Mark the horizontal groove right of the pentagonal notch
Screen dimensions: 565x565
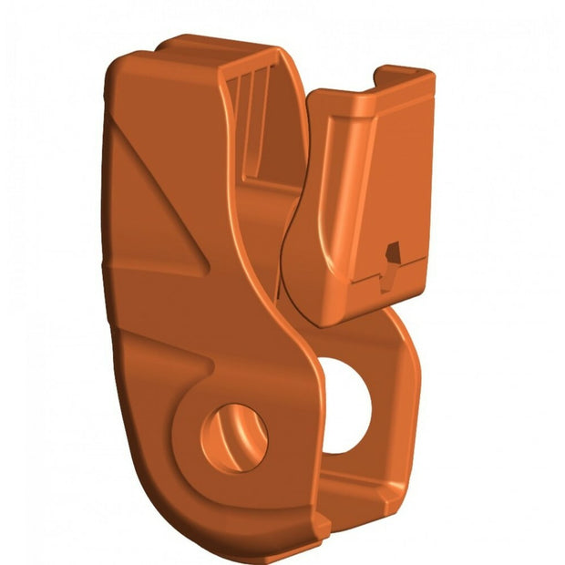(415, 263)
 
